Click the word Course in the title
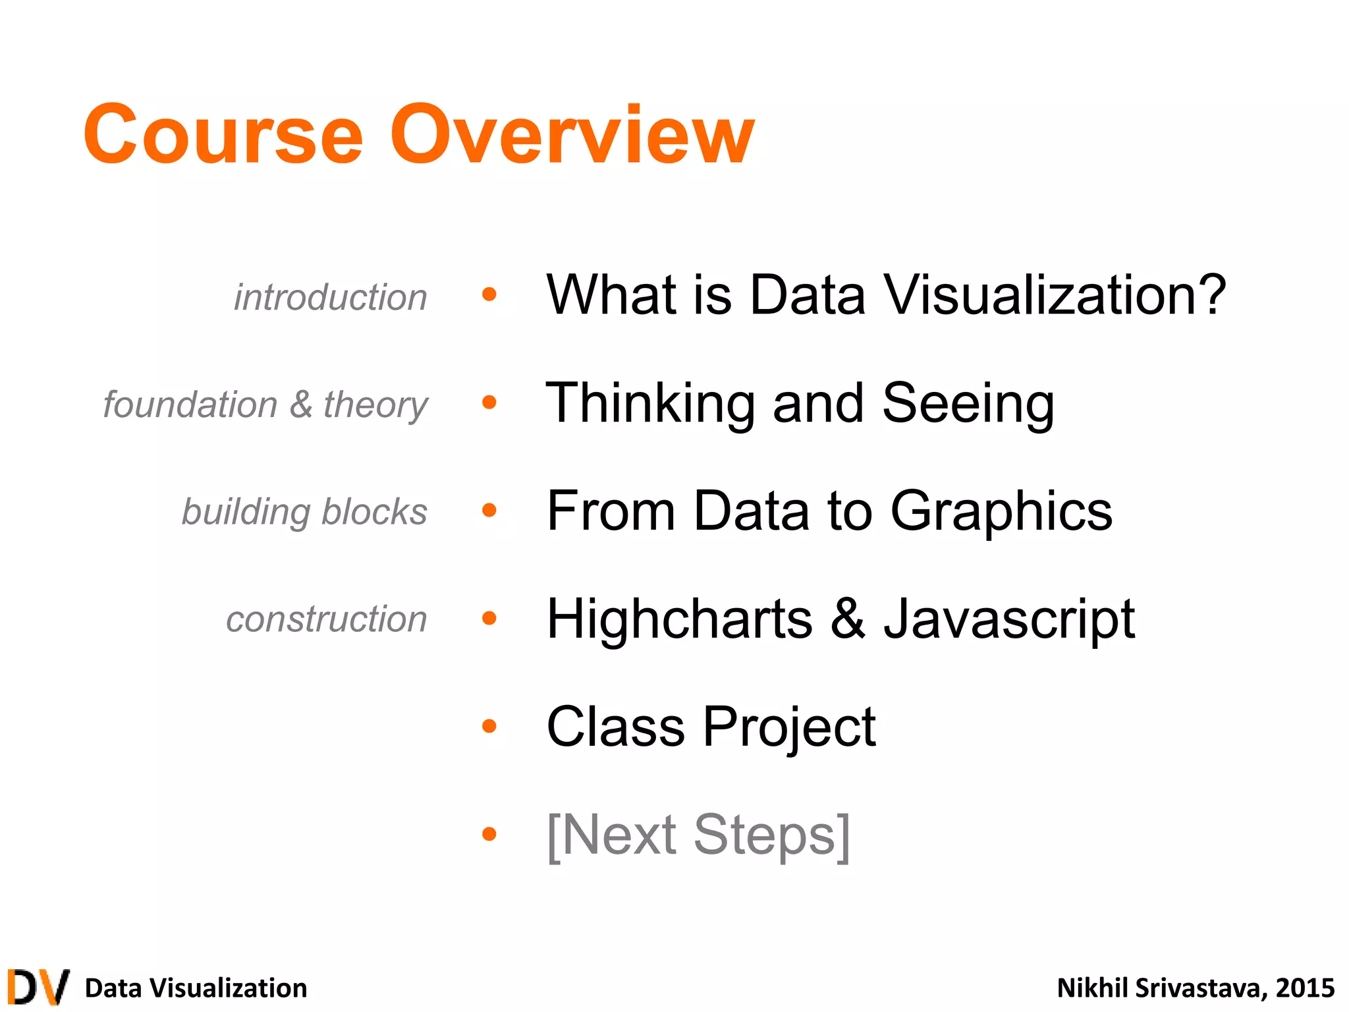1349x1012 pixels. [223, 135]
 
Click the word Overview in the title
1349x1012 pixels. [572, 135]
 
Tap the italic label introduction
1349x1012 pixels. [331, 297]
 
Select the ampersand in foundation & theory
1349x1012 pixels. [300, 404]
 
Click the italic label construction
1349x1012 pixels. [327, 619]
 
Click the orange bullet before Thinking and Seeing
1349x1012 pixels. [489, 402]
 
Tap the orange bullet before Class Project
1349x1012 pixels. [489, 726]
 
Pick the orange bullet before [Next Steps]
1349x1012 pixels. [489, 834]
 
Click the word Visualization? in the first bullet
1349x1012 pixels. [1054, 295]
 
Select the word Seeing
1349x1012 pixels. [968, 403]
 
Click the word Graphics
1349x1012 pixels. [1001, 511]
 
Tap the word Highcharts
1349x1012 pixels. [680, 619]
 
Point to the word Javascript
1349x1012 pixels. [1009, 619]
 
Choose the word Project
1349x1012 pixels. [789, 727]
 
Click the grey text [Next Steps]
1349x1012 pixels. [698, 835]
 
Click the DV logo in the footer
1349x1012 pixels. [38, 987]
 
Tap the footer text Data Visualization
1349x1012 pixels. [196, 988]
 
